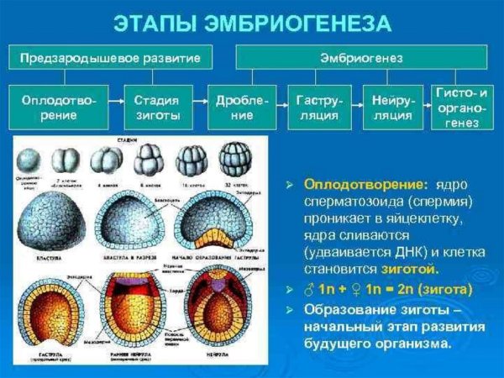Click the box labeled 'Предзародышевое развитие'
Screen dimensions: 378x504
point(110,59)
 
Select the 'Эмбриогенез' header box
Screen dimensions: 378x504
point(361,59)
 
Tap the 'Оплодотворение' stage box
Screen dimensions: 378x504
point(59,107)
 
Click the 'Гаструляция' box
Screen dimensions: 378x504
point(318,107)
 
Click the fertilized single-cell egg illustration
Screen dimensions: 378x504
point(32,160)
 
